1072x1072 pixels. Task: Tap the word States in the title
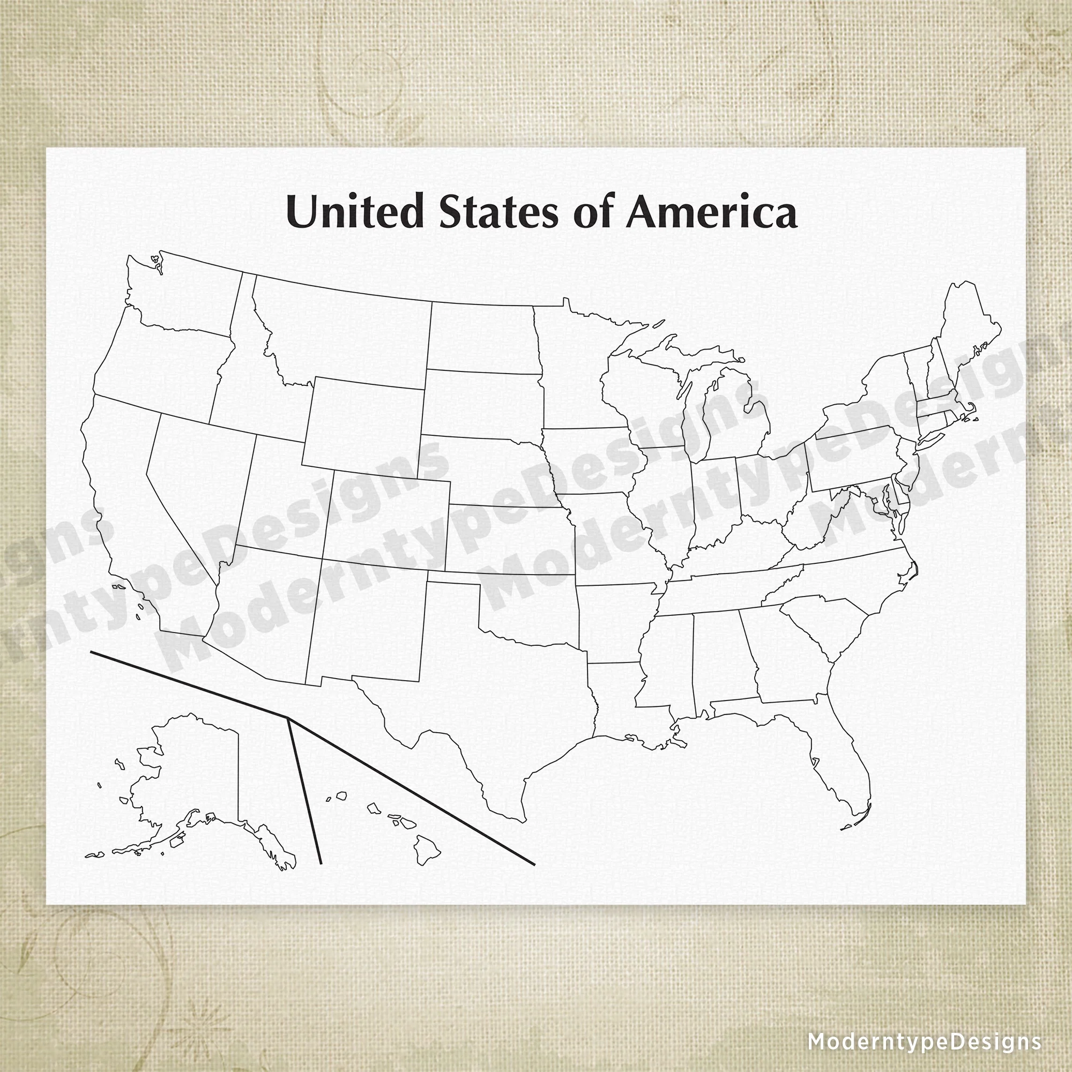pyautogui.click(x=498, y=212)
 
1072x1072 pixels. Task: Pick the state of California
pyautogui.click(x=128, y=500)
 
